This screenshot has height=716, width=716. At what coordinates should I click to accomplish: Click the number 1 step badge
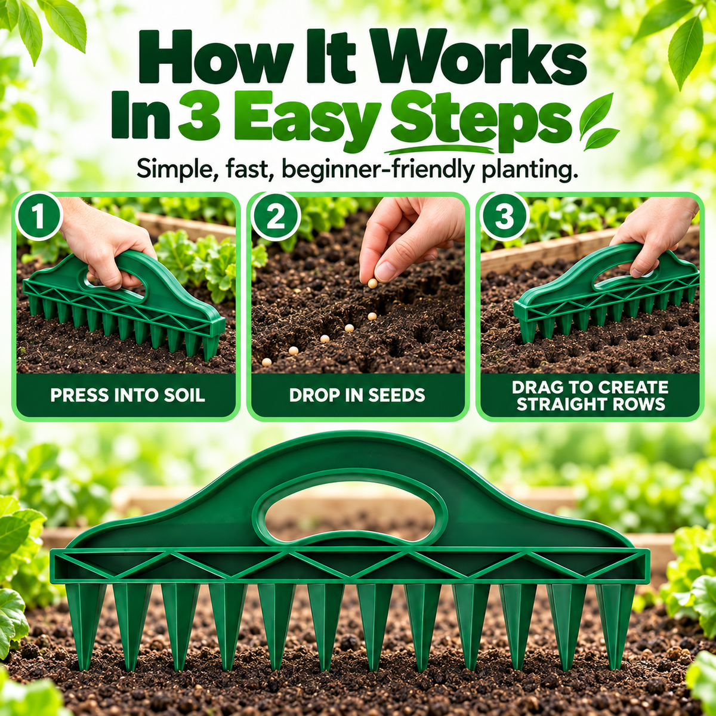(39, 215)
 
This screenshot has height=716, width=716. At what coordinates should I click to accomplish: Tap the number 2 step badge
(275, 216)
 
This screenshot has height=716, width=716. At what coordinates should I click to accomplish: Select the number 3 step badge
(504, 216)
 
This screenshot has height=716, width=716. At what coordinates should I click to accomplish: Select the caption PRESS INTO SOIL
(128, 395)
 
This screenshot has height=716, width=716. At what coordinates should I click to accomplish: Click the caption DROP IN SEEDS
(357, 395)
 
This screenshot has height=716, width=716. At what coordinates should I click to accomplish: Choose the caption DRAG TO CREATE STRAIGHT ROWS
(591, 396)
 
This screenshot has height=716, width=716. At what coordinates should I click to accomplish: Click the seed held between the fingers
(372, 283)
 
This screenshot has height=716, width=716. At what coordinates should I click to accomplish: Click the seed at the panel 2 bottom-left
(266, 362)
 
